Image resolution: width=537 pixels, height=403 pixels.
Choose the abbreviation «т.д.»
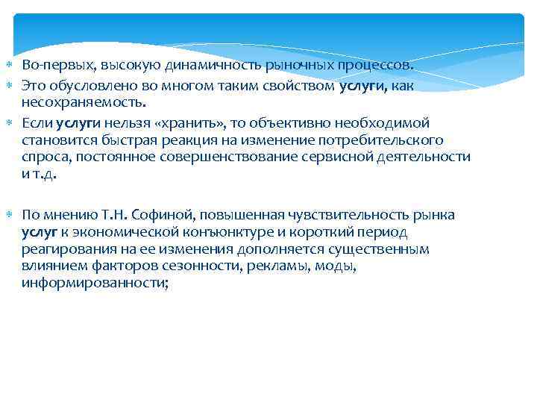pyautogui.click(x=45, y=174)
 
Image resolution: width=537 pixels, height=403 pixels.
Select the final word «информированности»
pyautogui.click(x=95, y=284)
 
